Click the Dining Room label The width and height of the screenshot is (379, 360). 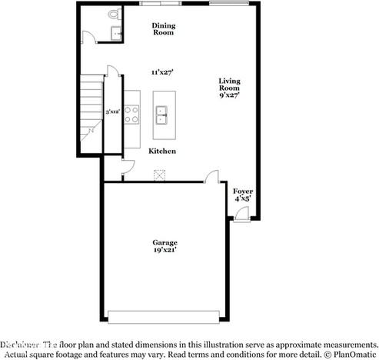tap(162, 28)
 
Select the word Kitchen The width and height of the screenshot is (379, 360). tap(162, 151)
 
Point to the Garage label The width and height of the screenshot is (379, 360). tap(165, 242)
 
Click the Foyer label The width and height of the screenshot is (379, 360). tap(243, 190)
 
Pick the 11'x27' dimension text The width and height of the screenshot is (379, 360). tap(162, 72)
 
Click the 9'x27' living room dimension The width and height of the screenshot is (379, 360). tap(230, 96)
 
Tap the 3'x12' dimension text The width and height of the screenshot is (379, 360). tap(112, 112)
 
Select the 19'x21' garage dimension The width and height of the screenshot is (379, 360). tap(165, 250)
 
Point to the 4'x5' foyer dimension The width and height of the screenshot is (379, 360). tap(243, 198)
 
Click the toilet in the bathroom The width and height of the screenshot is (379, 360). tap(115, 15)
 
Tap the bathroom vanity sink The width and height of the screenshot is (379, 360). tap(115, 32)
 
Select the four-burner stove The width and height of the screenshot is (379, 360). tap(131, 114)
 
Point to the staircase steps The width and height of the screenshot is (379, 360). tap(91, 108)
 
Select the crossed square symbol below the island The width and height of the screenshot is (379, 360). tap(160, 175)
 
